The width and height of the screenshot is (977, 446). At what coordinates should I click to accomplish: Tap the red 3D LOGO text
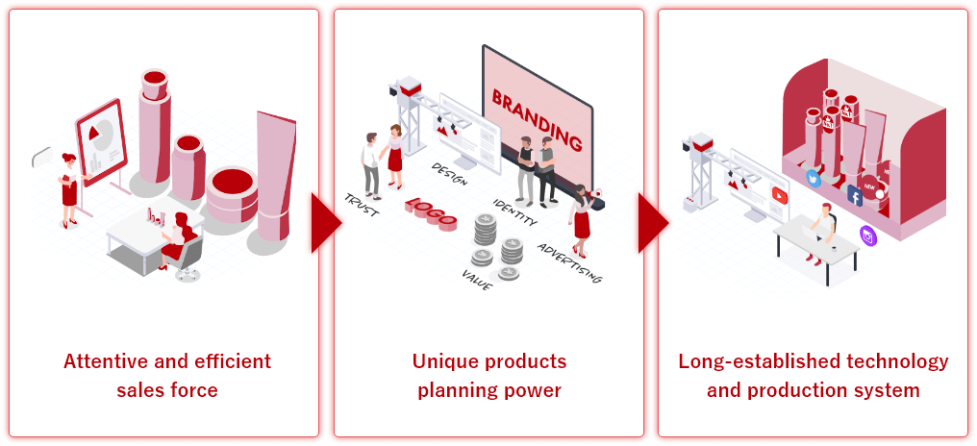point(431,213)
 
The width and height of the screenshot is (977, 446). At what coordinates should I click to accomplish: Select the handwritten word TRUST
point(362,205)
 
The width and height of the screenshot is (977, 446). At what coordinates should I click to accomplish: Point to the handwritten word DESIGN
point(449,174)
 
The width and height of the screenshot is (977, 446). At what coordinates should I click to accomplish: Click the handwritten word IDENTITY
point(514,211)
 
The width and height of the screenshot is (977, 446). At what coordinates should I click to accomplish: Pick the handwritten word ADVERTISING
point(569,262)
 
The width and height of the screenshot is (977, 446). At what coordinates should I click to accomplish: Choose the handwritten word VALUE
point(477,280)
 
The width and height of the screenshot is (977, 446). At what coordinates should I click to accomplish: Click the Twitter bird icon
point(814,178)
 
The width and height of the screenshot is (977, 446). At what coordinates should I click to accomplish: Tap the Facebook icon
point(854,196)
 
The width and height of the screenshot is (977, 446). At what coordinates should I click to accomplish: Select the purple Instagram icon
point(868,235)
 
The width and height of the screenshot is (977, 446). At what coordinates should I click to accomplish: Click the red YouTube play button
point(780,194)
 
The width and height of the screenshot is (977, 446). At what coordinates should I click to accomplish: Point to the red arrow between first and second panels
point(326,223)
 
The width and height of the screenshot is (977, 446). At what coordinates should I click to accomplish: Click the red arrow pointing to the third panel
point(652,223)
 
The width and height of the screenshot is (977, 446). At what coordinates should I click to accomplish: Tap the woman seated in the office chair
point(178,240)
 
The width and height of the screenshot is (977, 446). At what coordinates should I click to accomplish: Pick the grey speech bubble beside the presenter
point(42,157)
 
